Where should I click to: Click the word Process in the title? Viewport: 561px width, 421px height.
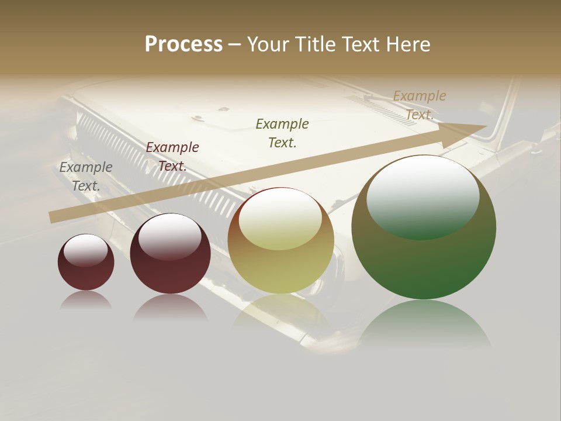pyautogui.click(x=183, y=44)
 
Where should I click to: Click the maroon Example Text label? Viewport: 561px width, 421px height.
pyautogui.click(x=172, y=157)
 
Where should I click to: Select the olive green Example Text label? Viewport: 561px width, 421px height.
pyautogui.click(x=282, y=133)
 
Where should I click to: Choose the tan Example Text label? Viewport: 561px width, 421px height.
pyautogui.click(x=420, y=105)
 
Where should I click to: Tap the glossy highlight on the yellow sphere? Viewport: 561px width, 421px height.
pyautogui.click(x=280, y=218)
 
